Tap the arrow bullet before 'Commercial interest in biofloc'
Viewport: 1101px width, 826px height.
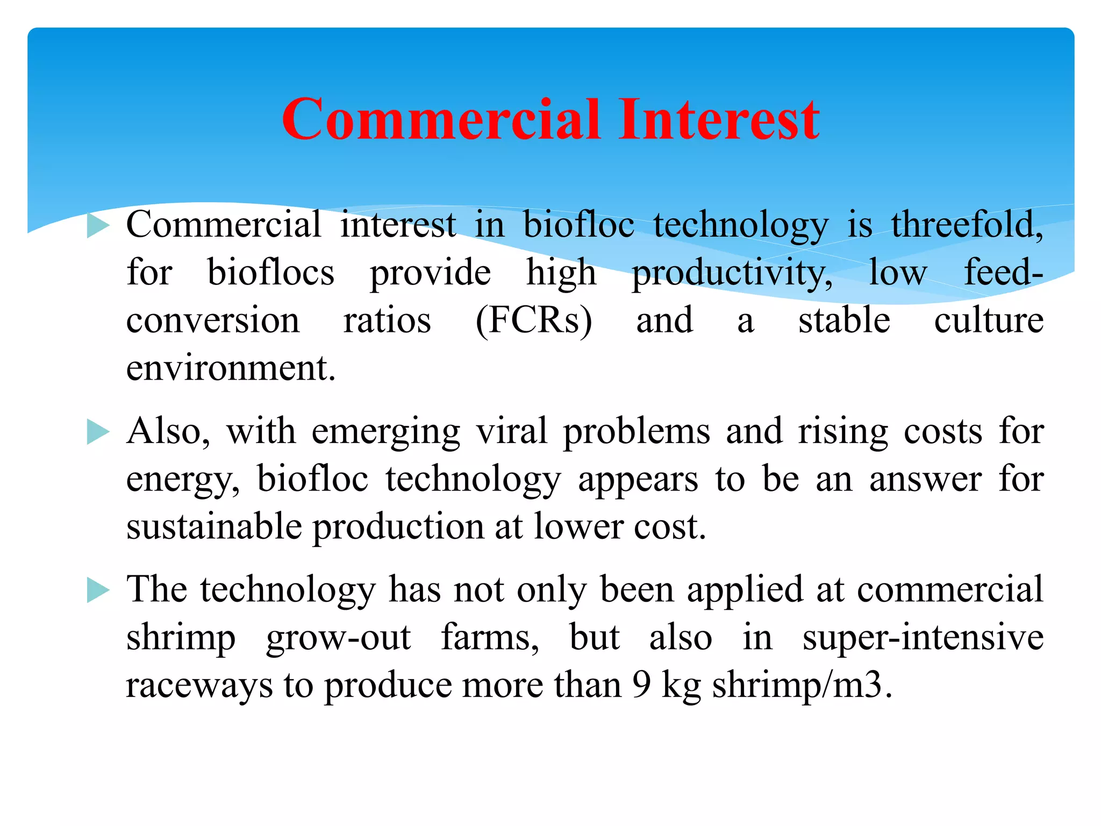pos(98,226)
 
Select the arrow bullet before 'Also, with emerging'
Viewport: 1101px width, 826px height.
pos(98,432)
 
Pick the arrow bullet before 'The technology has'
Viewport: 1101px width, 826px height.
pos(98,590)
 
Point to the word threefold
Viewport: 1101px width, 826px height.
pos(967,225)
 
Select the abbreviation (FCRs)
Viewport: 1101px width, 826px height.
pos(534,321)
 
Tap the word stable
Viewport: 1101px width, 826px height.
pos(844,321)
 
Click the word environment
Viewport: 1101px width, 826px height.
pos(231,369)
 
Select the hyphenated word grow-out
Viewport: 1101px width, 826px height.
pos(338,638)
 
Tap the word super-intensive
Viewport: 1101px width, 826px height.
pos(923,638)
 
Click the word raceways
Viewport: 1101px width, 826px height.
pos(199,687)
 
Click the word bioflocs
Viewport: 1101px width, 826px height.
pos(270,273)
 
